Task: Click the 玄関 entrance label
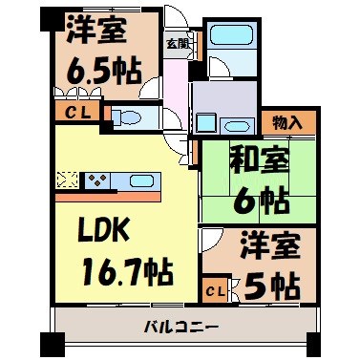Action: click(x=177, y=43)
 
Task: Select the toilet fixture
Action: click(x=129, y=118)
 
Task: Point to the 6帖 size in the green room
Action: click(x=256, y=200)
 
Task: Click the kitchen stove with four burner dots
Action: click(x=97, y=179)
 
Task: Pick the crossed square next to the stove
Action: click(x=67, y=179)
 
